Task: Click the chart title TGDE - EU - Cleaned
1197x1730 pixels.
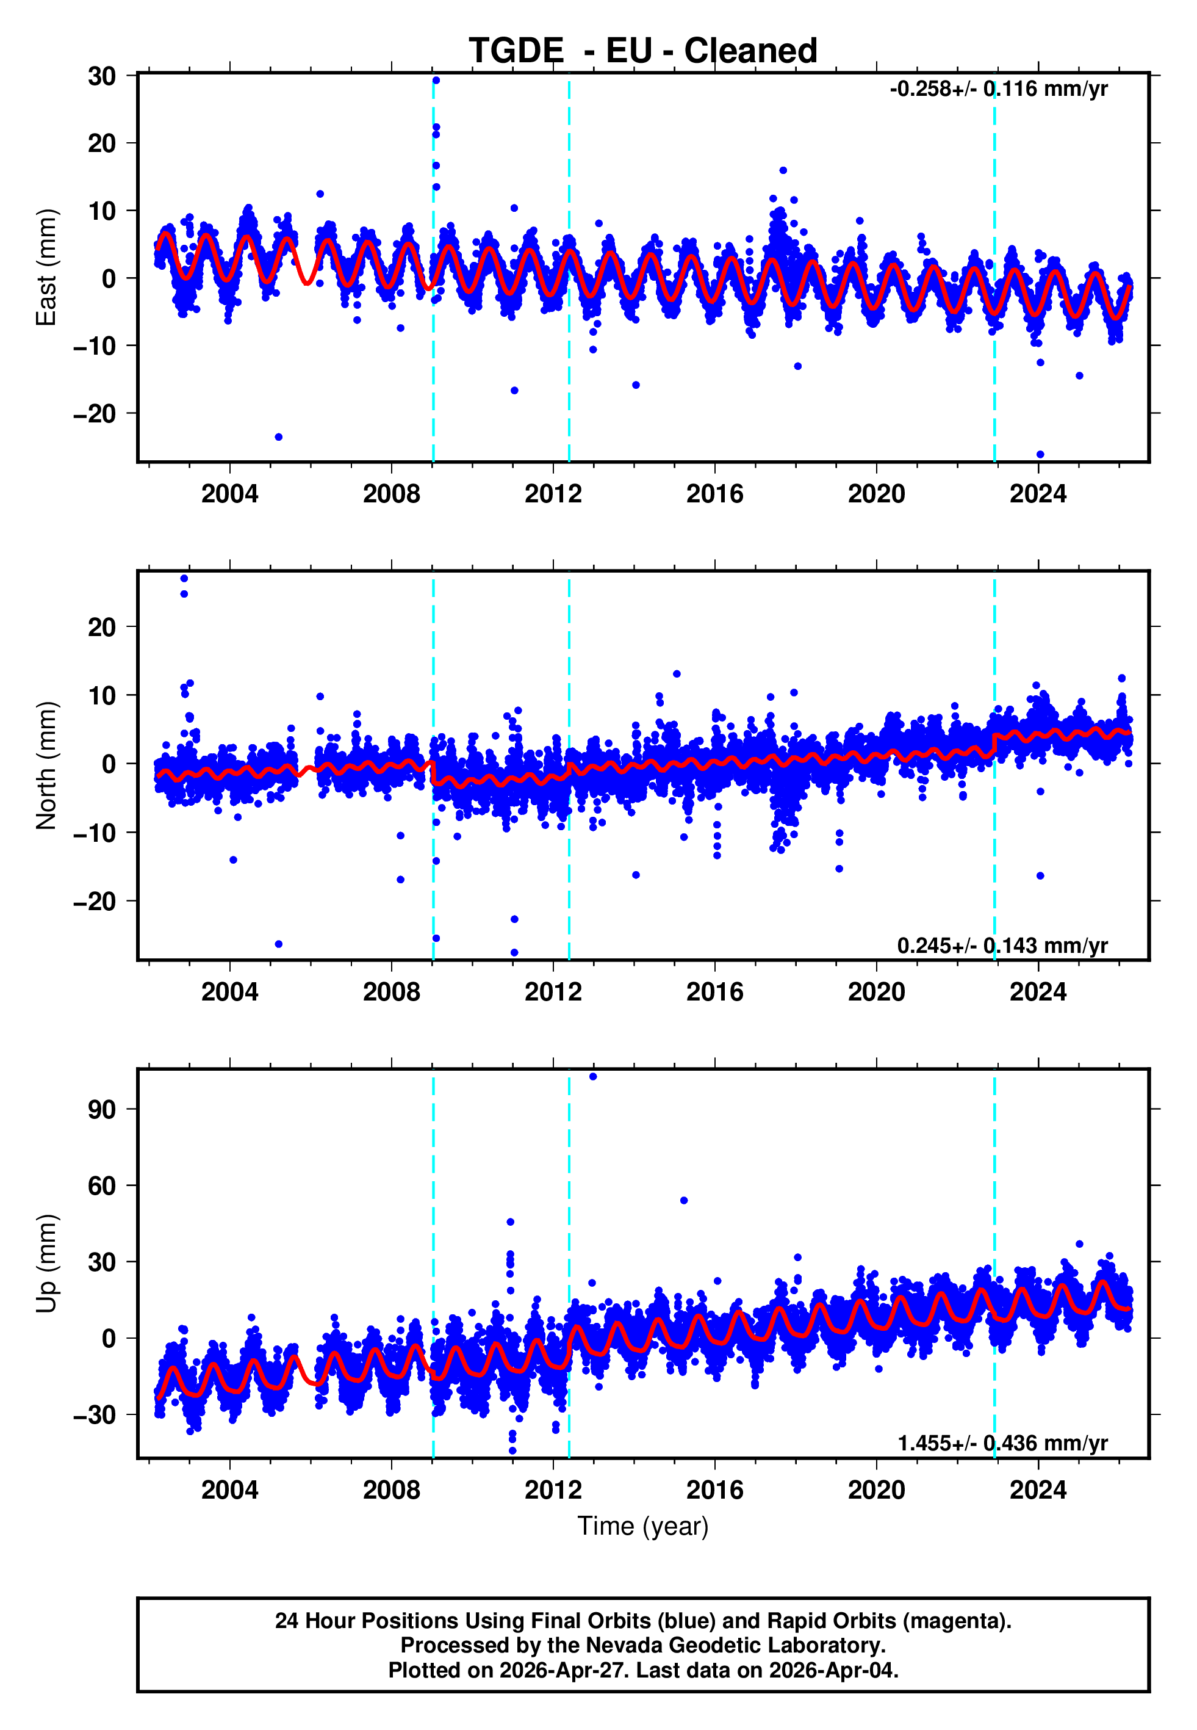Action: pyautogui.click(x=643, y=51)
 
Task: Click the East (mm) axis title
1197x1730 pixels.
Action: pyautogui.click(x=46, y=267)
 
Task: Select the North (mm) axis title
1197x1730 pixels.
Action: pyautogui.click(x=46, y=765)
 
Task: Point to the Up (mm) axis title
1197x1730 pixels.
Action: pyautogui.click(x=46, y=1264)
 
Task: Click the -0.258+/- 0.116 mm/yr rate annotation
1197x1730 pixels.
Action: pyautogui.click(x=998, y=89)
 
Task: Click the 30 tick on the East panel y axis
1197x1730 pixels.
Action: pyautogui.click(x=102, y=76)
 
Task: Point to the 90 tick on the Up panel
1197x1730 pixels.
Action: pyautogui.click(x=102, y=1109)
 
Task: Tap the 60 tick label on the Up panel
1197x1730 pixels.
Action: pyautogui.click(x=102, y=1185)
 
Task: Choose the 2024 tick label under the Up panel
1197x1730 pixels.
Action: pyautogui.click(x=1037, y=1489)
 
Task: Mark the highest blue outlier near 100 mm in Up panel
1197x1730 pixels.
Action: pyautogui.click(x=592, y=1077)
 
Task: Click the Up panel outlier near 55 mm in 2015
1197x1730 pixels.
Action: pyautogui.click(x=684, y=1200)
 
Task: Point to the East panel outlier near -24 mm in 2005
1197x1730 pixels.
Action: pyautogui.click(x=278, y=436)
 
